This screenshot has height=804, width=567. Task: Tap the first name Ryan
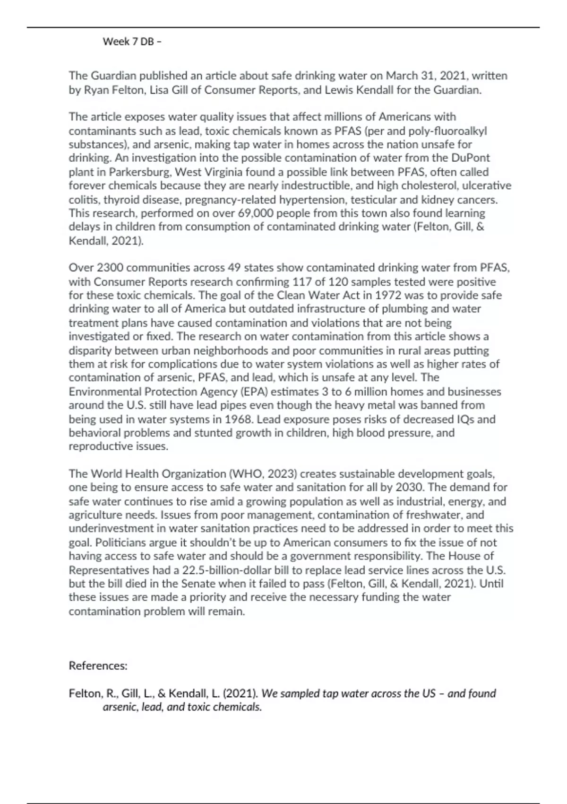pos(96,90)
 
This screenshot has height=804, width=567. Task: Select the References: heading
pos(98,666)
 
